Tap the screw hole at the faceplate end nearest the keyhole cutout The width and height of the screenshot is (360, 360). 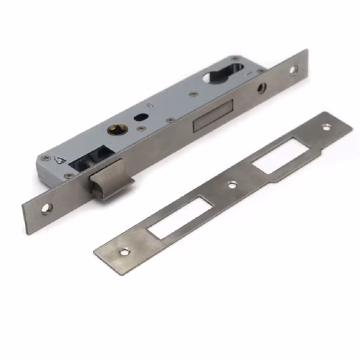(293, 68)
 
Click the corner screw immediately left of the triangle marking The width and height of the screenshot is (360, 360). (45, 159)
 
